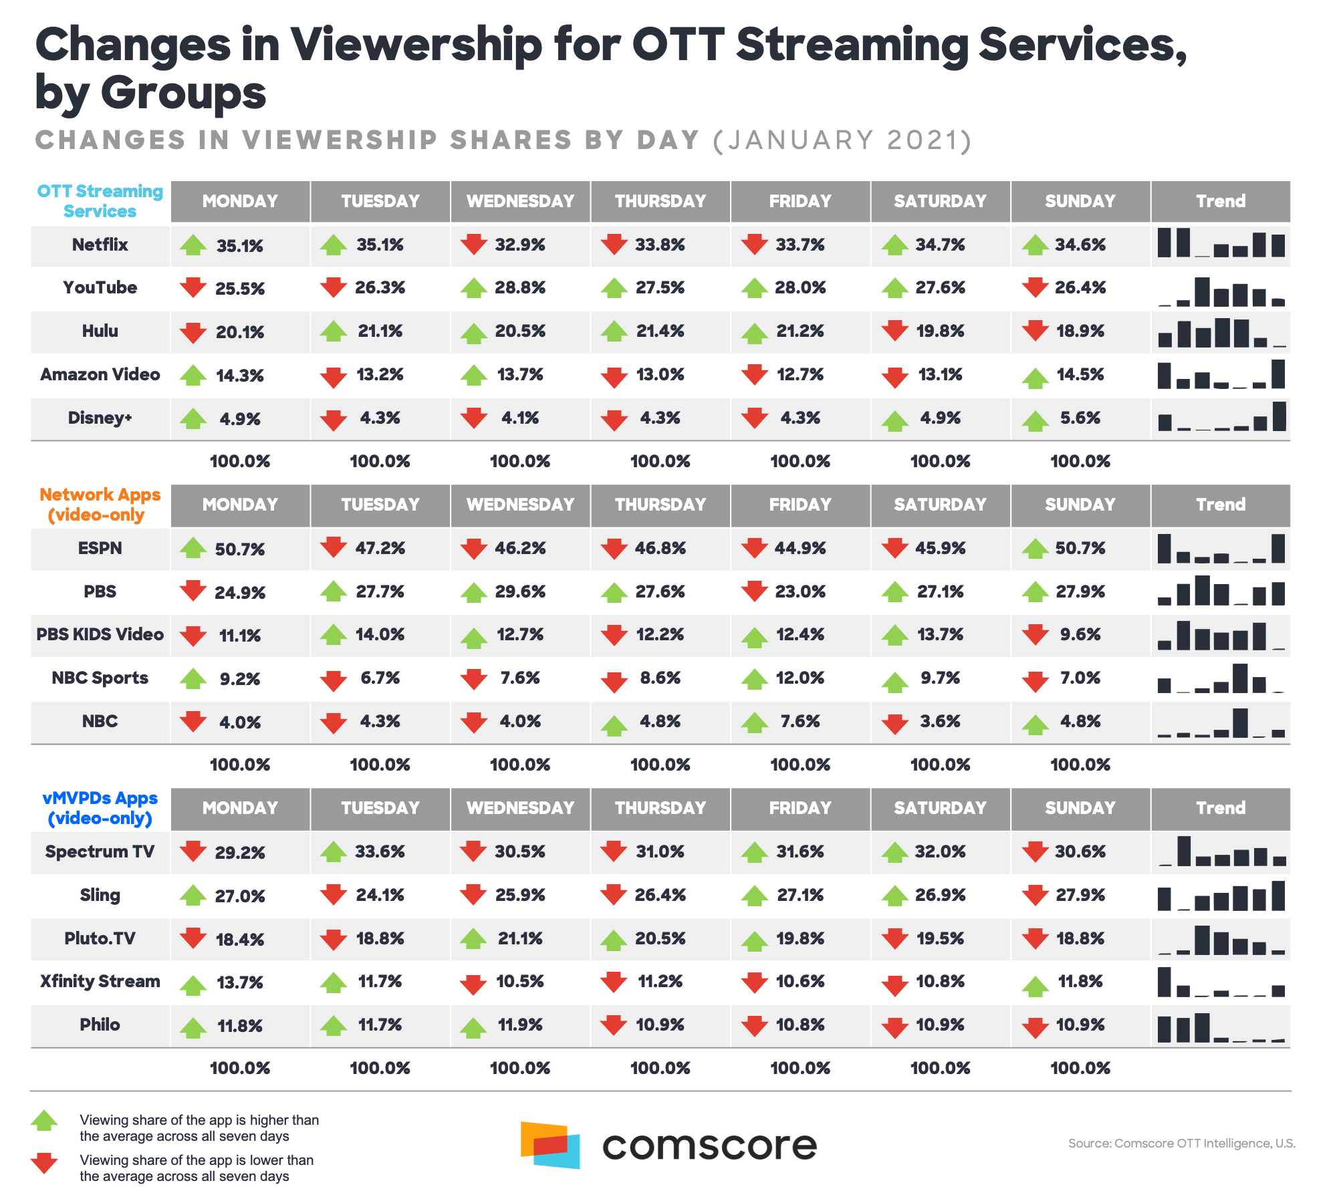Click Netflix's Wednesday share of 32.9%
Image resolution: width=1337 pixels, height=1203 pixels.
click(x=520, y=245)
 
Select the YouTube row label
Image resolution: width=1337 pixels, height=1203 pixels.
click(x=100, y=288)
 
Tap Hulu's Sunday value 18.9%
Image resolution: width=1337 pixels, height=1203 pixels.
click(x=1080, y=331)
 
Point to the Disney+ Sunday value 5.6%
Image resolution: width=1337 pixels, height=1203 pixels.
click(x=1080, y=418)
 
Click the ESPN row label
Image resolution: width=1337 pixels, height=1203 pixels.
click(x=100, y=549)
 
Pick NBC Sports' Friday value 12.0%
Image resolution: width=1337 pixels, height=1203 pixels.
click(x=800, y=678)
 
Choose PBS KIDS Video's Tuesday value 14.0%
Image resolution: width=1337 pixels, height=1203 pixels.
click(x=380, y=635)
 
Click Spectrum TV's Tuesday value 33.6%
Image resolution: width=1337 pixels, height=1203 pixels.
click(x=380, y=852)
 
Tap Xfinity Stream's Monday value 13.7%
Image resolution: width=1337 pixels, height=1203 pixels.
click(x=240, y=982)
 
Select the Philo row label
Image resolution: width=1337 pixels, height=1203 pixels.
click(x=100, y=1025)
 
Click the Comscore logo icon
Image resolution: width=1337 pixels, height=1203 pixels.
click(x=550, y=1145)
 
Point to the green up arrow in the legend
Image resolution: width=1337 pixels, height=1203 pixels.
click(x=45, y=1121)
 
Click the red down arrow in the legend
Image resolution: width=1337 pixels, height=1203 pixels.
click(x=45, y=1164)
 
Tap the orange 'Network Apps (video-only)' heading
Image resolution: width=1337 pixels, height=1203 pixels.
click(x=100, y=505)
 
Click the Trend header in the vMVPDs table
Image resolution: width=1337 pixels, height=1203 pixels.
click(x=1220, y=808)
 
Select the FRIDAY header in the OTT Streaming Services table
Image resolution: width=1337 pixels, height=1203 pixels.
click(x=800, y=201)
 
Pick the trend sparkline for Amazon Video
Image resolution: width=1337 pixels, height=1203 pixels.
click(x=1221, y=375)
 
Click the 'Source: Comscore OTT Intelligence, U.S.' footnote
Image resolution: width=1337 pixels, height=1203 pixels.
click(x=1181, y=1144)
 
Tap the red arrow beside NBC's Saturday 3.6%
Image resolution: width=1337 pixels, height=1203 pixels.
click(x=894, y=723)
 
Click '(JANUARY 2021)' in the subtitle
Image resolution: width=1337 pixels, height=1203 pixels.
click(x=842, y=140)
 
